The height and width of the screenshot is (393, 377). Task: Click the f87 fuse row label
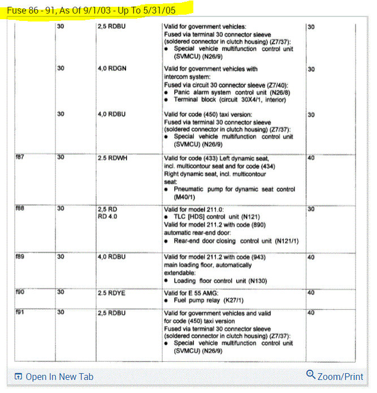(20, 158)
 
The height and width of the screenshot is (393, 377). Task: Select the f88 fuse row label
(20, 209)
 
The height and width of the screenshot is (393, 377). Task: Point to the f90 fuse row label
(20, 293)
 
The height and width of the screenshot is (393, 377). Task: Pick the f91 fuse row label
(20, 312)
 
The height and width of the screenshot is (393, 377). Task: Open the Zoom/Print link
(340, 376)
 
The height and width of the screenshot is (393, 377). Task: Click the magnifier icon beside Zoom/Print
(310, 374)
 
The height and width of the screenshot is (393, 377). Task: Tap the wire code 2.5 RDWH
(113, 158)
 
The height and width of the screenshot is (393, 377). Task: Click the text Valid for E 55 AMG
(192, 293)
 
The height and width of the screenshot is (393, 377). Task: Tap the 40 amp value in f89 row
(311, 257)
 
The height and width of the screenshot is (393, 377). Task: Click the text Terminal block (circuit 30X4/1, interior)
(230, 100)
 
